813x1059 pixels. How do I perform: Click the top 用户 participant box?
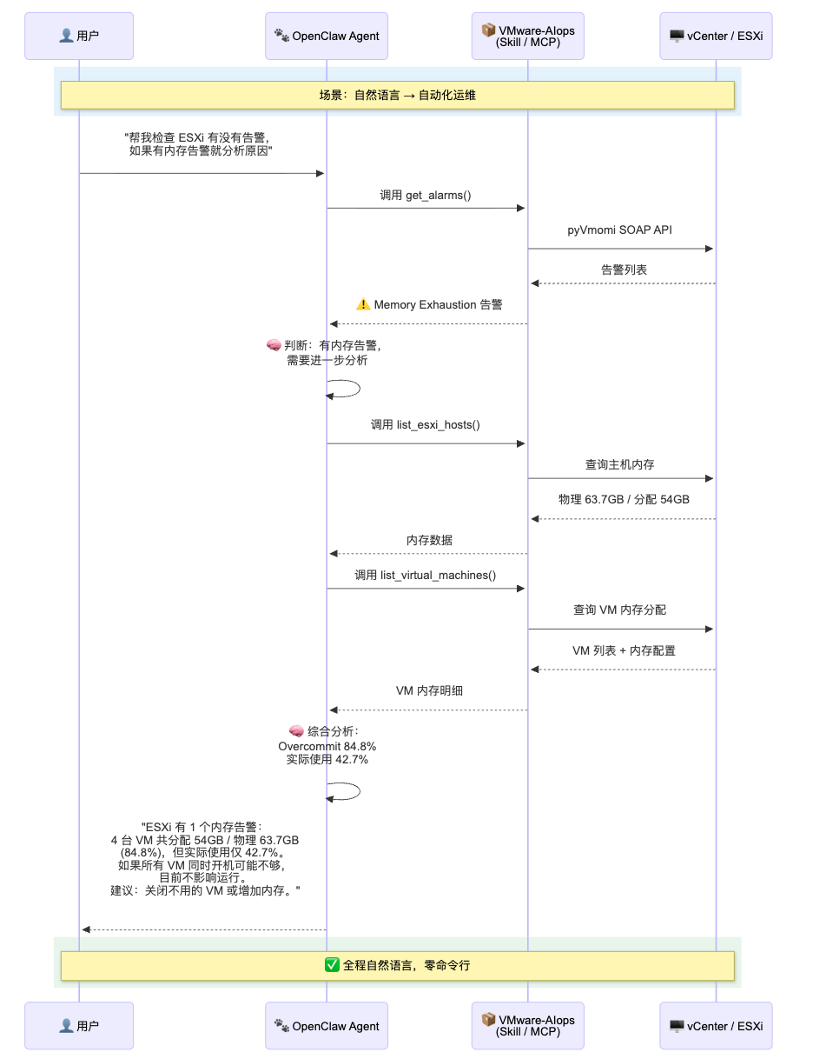click(x=79, y=36)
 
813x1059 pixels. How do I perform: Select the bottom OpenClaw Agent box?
click(x=327, y=1026)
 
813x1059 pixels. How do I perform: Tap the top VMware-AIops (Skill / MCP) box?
click(x=528, y=36)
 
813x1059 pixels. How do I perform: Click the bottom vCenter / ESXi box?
click(x=716, y=1026)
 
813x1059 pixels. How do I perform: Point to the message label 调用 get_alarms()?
click(x=426, y=195)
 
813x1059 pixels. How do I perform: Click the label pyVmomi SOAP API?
click(x=621, y=230)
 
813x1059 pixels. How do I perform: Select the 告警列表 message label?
click(x=624, y=270)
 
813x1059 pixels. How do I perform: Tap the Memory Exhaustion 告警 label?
click(x=429, y=304)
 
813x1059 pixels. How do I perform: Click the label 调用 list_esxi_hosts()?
click(x=426, y=424)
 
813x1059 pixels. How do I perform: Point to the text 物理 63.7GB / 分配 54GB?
click(x=624, y=500)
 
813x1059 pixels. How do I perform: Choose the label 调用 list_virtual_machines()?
click(x=426, y=575)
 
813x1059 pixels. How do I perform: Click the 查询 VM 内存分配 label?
click(x=619, y=609)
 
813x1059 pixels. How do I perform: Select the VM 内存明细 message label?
click(x=429, y=690)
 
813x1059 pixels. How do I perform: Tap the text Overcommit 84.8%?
click(x=327, y=746)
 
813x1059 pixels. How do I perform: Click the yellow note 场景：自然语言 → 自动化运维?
click(x=398, y=95)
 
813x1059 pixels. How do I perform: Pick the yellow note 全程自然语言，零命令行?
click(x=398, y=965)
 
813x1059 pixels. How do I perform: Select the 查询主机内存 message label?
click(x=619, y=465)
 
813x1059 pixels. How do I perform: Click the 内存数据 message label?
click(x=429, y=540)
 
